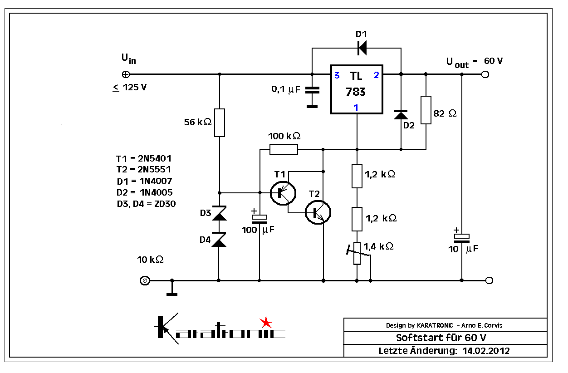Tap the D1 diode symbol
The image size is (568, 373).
[362, 47]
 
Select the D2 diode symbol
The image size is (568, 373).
[401, 115]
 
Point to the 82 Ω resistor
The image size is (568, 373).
[426, 110]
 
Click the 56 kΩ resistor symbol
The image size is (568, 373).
[219, 123]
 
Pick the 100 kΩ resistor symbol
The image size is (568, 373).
[284, 149]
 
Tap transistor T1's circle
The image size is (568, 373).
[282, 192]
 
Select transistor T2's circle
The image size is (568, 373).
[318, 211]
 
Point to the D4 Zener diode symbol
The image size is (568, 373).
[219, 240]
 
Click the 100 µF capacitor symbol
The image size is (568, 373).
[260, 218]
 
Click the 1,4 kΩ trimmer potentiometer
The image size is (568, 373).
[357, 253]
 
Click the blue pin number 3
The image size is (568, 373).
[337, 76]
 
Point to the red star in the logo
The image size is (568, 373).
[266, 323]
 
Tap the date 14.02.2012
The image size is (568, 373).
[486, 351]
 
